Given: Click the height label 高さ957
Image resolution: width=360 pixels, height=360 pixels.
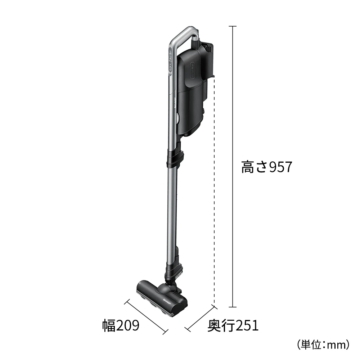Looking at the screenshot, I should [266, 167].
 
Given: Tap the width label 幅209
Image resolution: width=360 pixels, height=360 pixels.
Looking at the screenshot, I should [120, 326].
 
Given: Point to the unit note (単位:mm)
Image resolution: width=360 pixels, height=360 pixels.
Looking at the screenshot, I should [323, 345].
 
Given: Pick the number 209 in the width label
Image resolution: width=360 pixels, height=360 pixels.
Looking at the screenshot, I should [127, 326].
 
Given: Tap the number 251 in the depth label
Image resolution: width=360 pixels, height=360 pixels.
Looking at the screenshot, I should [246, 326].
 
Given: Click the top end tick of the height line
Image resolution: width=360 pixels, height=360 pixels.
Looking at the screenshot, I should [233, 27].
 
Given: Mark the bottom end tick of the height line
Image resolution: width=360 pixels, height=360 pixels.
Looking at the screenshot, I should [233, 307].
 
